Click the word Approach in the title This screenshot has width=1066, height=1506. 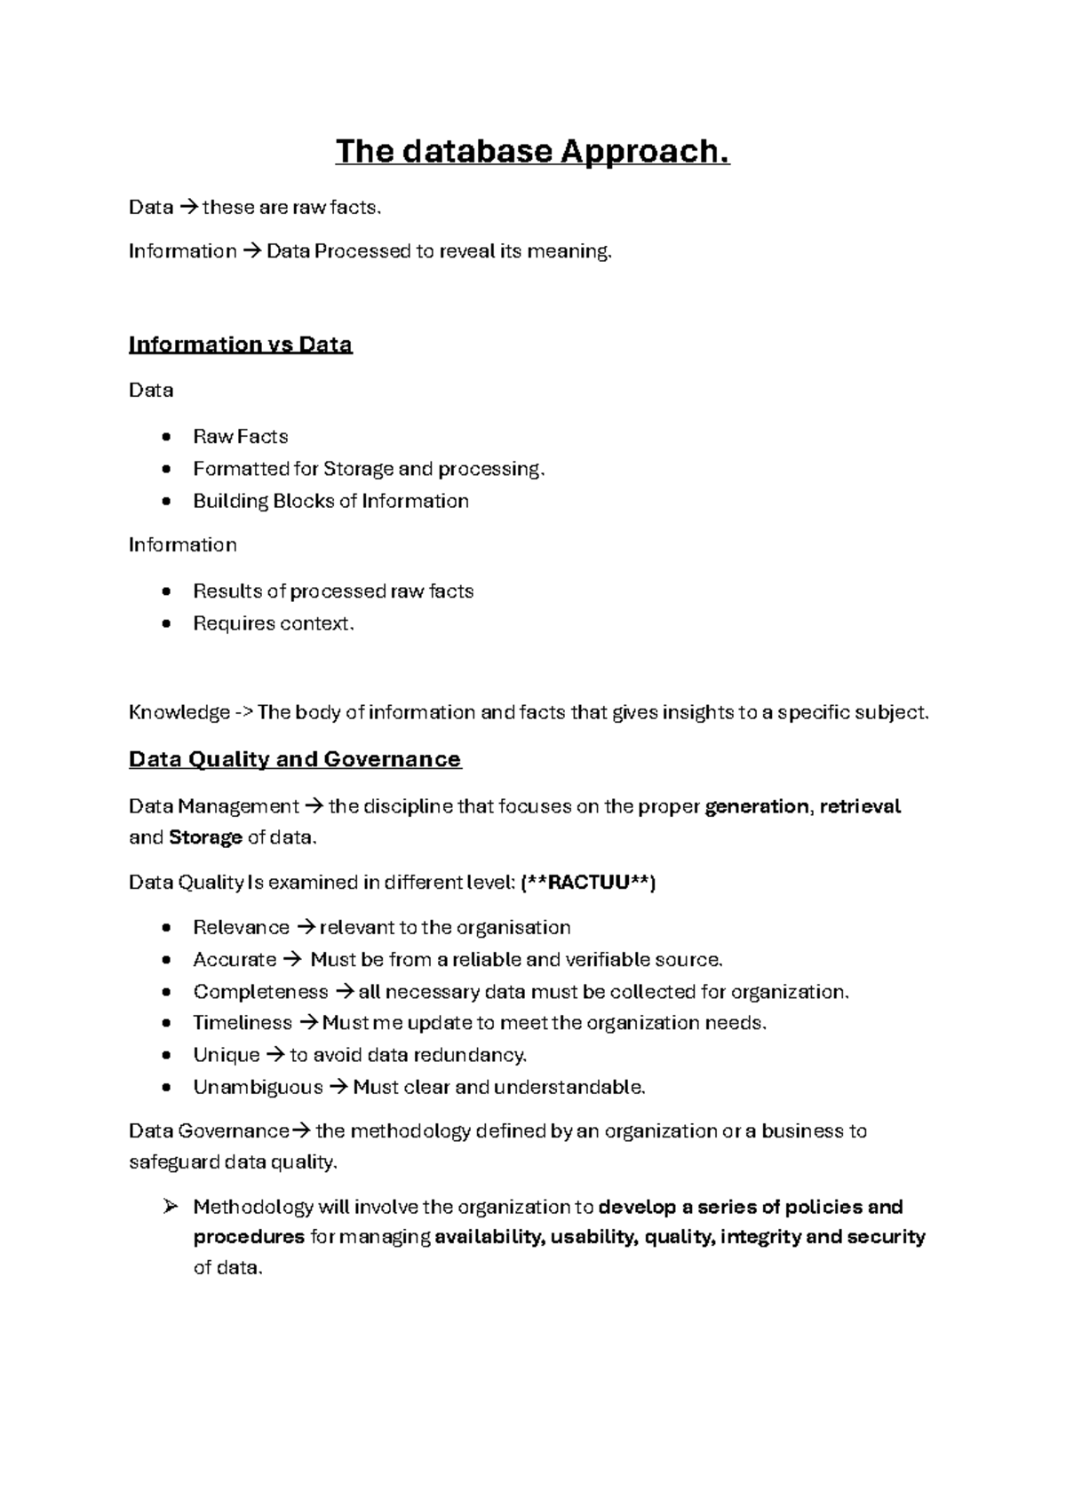(644, 152)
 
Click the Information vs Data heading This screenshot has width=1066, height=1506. (240, 345)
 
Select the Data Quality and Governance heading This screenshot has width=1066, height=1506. (295, 759)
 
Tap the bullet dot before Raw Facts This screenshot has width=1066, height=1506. (166, 437)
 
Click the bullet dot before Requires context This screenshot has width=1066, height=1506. (166, 624)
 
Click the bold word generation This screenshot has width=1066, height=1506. (756, 806)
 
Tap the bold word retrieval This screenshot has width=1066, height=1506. (860, 806)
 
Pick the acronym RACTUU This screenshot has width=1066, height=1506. (589, 883)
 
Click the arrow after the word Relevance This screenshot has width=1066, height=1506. (305, 928)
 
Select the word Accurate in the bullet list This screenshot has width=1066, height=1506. (235, 960)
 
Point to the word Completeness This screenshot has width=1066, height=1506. (260, 992)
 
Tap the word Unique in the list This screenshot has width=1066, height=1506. (227, 1055)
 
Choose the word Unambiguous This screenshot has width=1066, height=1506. (258, 1087)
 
